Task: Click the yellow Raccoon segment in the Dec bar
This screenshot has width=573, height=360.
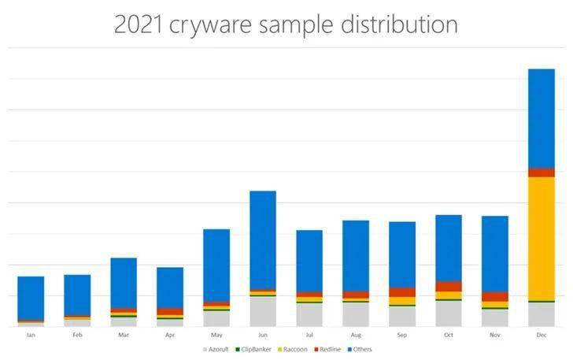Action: click(x=541, y=238)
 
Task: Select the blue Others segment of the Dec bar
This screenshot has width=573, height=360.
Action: click(x=541, y=118)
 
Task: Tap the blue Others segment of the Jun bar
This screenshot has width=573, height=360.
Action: click(x=262, y=240)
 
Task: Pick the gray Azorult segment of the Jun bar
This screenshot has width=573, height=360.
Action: click(x=262, y=311)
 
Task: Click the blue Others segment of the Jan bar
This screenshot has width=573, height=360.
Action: click(x=31, y=298)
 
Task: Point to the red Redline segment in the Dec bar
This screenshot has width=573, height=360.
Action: click(x=541, y=173)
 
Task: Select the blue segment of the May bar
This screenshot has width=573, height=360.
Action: click(x=216, y=265)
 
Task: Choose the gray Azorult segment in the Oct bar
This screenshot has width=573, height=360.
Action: click(x=448, y=314)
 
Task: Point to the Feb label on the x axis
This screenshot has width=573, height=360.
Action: click(x=77, y=335)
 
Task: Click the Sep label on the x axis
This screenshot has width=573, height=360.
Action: click(x=401, y=335)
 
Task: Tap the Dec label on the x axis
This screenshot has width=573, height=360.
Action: click(x=541, y=335)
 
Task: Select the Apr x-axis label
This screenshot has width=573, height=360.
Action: click(x=170, y=335)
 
